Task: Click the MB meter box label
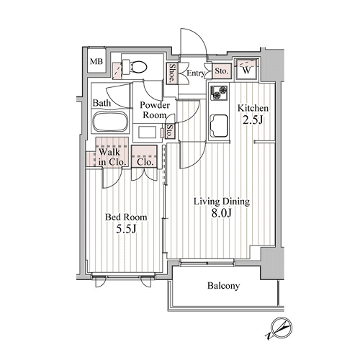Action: [x=96, y=62]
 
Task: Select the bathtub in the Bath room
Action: [x=110, y=121]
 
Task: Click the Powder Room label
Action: [x=155, y=110]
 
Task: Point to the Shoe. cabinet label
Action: [x=172, y=73]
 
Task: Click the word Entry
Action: [x=196, y=73]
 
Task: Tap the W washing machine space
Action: [x=246, y=70]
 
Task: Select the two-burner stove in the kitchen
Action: [x=219, y=92]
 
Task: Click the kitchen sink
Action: [x=219, y=126]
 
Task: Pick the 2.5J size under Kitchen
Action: [x=253, y=120]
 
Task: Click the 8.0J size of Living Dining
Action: [x=222, y=213]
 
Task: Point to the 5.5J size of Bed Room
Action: [x=126, y=229]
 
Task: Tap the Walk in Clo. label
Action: [x=112, y=157]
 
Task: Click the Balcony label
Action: [x=223, y=286]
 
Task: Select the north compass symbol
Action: [x=280, y=328]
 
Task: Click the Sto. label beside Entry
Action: [x=221, y=71]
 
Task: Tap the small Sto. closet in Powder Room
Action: [x=170, y=131]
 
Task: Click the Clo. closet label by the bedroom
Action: [x=145, y=162]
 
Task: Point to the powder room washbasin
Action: [x=147, y=132]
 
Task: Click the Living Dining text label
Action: [x=222, y=202]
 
